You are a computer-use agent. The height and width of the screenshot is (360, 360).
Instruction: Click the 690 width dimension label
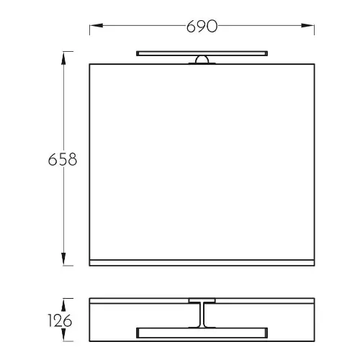click(x=202, y=26)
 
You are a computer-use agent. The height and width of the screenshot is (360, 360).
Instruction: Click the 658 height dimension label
click(x=63, y=159)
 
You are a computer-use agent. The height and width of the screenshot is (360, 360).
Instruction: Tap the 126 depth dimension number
click(x=60, y=320)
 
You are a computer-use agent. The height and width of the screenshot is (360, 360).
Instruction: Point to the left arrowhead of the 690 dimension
click(x=96, y=25)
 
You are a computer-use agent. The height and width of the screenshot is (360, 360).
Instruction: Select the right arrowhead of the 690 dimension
click(x=307, y=25)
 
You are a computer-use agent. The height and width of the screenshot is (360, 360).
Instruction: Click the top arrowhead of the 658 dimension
click(x=63, y=58)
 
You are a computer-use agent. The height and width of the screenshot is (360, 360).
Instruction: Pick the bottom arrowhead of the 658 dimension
click(x=63, y=259)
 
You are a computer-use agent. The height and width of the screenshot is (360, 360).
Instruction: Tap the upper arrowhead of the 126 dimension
click(x=63, y=305)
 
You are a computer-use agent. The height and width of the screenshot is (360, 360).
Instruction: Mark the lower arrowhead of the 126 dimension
click(x=63, y=335)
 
